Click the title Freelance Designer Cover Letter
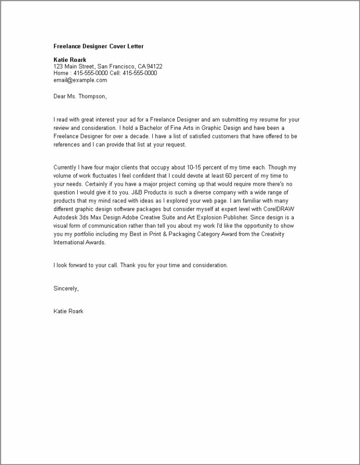tap(98, 46)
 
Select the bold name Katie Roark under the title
tap(70, 59)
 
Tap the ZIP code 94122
tap(154, 66)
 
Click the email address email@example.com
tap(80, 80)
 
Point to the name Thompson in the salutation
tap(93, 96)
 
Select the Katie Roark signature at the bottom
tap(68, 312)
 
